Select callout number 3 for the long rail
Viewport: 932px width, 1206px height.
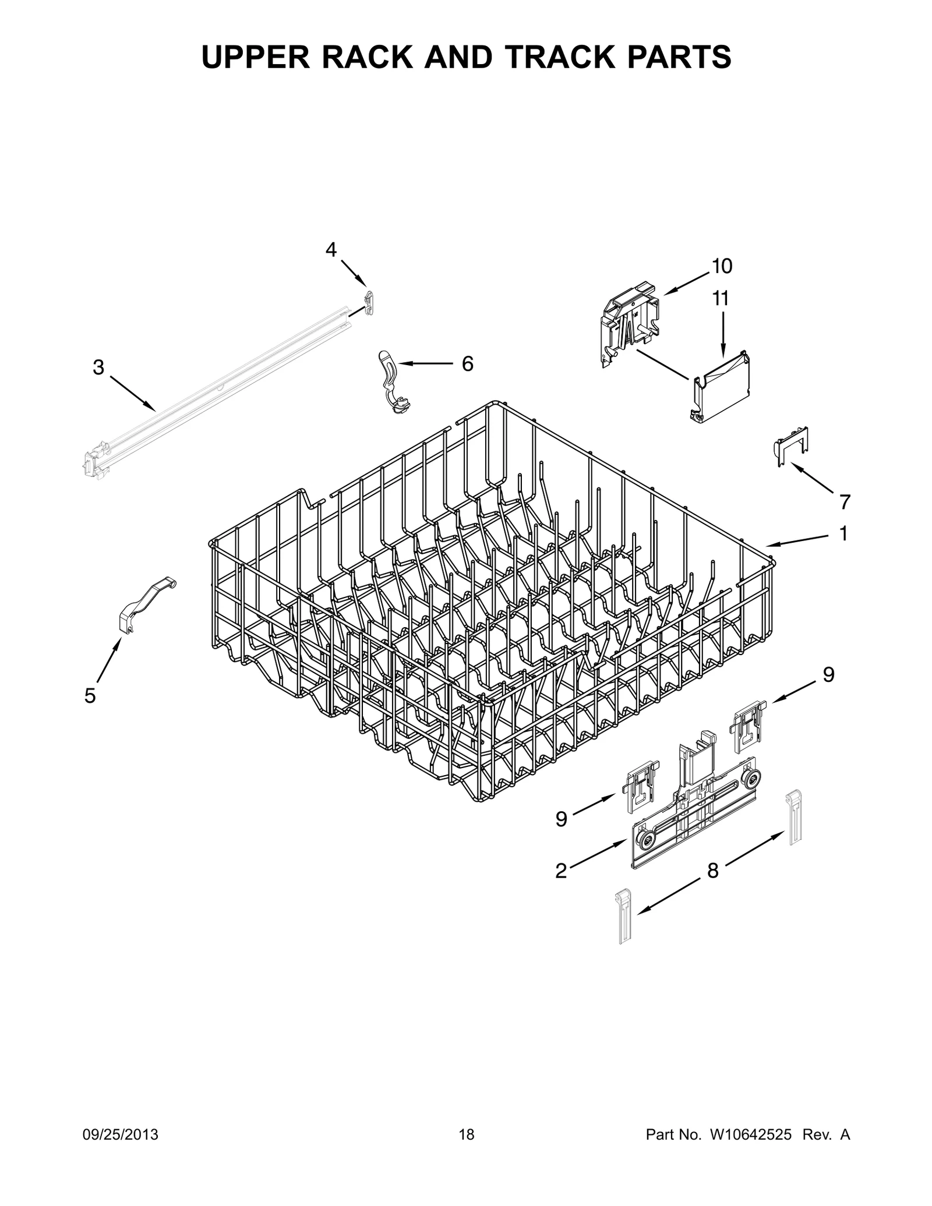98,367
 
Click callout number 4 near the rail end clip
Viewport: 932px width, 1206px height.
331,250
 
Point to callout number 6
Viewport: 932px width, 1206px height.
467,364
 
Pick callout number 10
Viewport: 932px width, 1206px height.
722,266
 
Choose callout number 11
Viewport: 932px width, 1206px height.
721,299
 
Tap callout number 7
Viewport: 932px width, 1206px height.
845,501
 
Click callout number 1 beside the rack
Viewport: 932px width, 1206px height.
843,533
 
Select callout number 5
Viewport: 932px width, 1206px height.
90,695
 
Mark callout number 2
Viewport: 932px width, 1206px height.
561,887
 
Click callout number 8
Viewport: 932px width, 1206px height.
712,887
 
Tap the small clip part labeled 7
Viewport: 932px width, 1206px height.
790,445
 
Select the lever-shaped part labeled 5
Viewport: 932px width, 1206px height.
143,606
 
